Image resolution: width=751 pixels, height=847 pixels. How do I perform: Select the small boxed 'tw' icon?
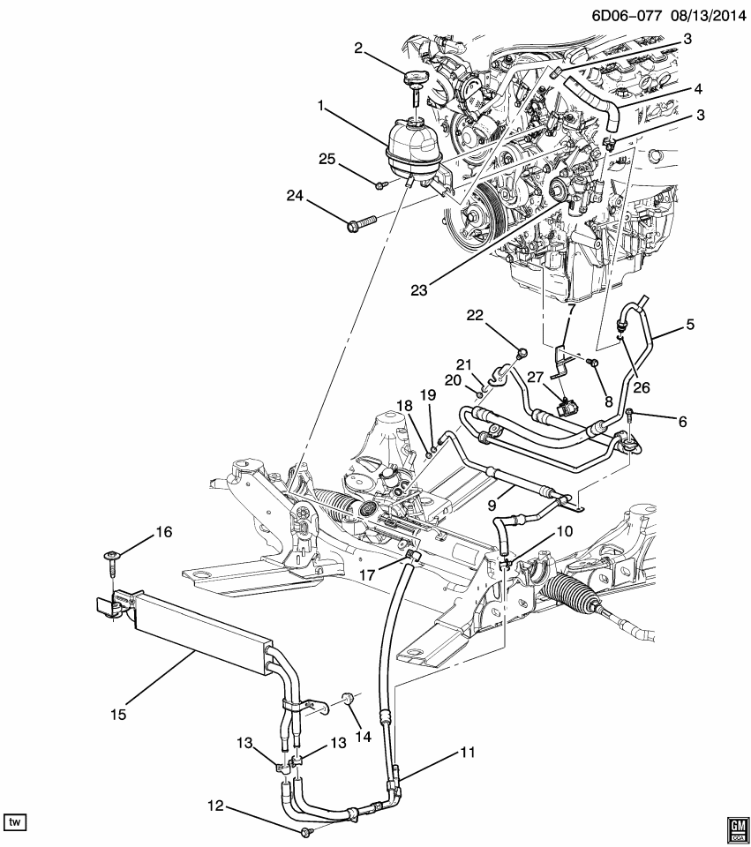coord(15,822)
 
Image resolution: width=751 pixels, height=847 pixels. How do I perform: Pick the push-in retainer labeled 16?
coord(112,558)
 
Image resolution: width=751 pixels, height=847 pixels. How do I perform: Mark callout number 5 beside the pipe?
coord(689,324)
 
